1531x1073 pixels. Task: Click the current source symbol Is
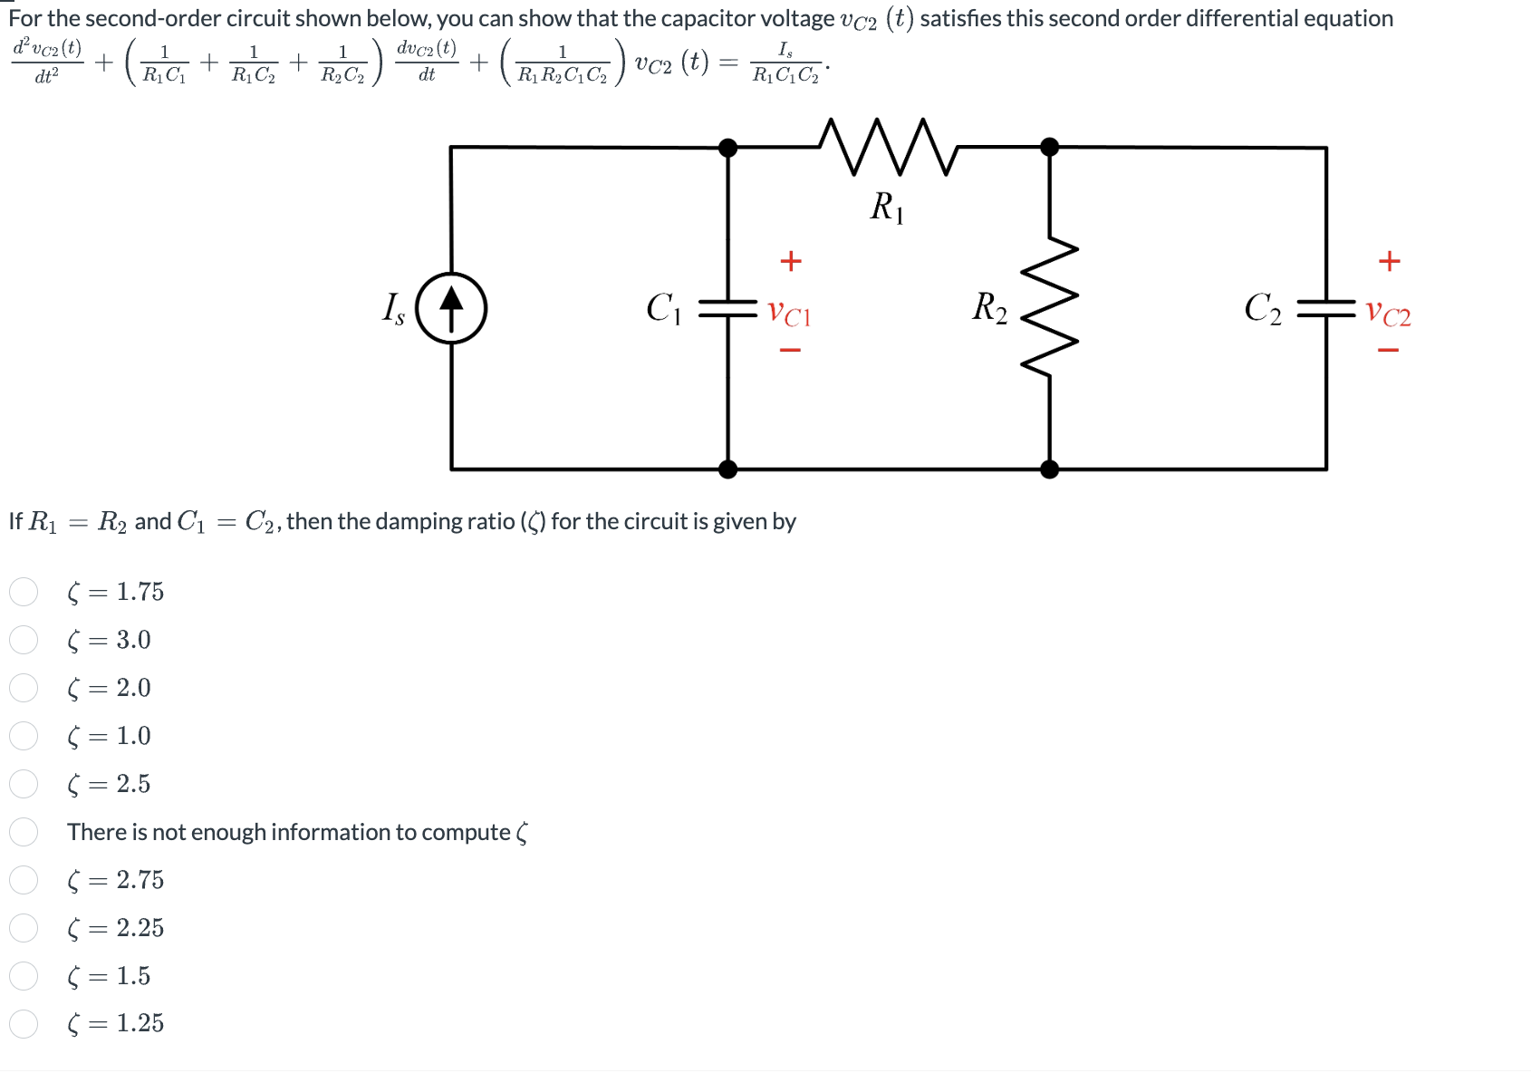tap(451, 308)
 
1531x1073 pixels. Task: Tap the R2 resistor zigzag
tap(1049, 307)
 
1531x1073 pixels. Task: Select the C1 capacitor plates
tap(727, 309)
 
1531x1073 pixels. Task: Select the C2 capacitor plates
tap(1326, 309)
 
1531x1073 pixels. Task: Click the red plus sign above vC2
tap(1389, 261)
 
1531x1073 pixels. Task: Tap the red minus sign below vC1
tap(790, 350)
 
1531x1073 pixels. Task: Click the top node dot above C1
tap(727, 147)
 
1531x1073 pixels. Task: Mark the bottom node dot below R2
tap(1049, 469)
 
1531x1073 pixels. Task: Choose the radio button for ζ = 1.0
tap(24, 736)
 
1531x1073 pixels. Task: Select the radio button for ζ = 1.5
tap(24, 976)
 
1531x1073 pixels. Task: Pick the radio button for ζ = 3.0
tap(24, 640)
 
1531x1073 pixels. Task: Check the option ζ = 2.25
tap(24, 928)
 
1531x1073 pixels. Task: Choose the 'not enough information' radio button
tap(24, 832)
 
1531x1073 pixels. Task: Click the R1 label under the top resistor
tap(886, 208)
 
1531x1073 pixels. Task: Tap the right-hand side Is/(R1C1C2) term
tap(785, 64)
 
